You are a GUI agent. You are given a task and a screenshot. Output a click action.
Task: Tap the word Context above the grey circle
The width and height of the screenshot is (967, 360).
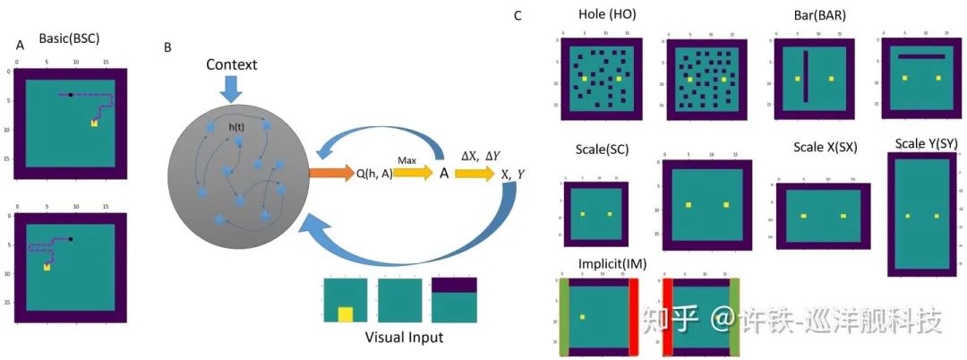click(x=231, y=64)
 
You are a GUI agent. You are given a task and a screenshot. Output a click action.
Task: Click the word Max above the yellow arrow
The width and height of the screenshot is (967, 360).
click(x=407, y=160)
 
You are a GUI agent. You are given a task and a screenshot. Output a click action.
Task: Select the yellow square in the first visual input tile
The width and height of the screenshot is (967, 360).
click(x=346, y=314)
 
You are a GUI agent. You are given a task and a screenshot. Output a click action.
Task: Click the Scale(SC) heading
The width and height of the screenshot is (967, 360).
click(x=606, y=148)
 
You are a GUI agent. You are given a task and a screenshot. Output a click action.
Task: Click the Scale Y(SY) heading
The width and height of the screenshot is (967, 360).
click(x=927, y=144)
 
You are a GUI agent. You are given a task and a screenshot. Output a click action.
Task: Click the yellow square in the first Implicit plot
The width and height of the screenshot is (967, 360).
click(x=582, y=316)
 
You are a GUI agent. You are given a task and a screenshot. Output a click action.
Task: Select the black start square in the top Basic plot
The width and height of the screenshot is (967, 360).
click(x=71, y=95)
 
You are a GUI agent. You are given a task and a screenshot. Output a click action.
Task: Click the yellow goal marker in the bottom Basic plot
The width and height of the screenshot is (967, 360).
click(x=47, y=267)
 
